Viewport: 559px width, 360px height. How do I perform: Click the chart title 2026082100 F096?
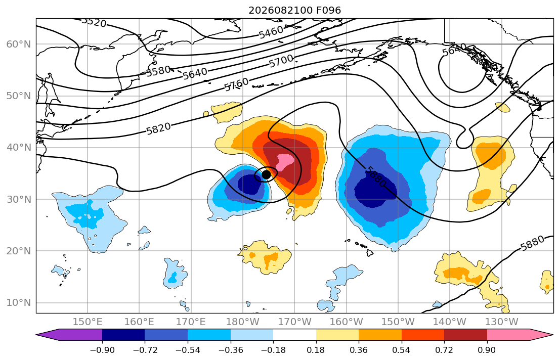tap(294, 10)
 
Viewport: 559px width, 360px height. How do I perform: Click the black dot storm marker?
tap(266, 174)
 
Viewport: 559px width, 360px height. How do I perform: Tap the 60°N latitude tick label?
tap(19, 44)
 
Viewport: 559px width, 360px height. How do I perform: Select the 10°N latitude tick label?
tap(19, 303)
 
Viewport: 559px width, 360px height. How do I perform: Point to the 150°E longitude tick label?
tap(88, 322)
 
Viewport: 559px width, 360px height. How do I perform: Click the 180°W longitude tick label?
tap(243, 322)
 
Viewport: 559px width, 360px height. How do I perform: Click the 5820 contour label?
tap(158, 128)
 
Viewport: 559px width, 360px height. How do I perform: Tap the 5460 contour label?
tap(271, 32)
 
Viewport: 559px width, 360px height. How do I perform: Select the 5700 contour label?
tap(281, 61)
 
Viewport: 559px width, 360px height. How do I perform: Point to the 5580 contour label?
tap(159, 71)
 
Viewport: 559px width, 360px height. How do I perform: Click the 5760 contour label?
tap(236, 85)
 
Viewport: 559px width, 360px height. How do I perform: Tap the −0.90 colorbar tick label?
tap(102, 350)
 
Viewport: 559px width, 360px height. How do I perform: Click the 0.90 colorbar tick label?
tap(487, 350)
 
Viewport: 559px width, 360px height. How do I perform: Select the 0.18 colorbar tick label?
tap(316, 350)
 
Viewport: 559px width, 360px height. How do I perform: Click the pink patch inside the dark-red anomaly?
tap(284, 162)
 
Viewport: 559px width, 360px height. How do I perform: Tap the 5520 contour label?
tap(94, 22)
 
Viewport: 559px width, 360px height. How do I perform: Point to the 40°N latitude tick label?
tap(19, 148)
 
